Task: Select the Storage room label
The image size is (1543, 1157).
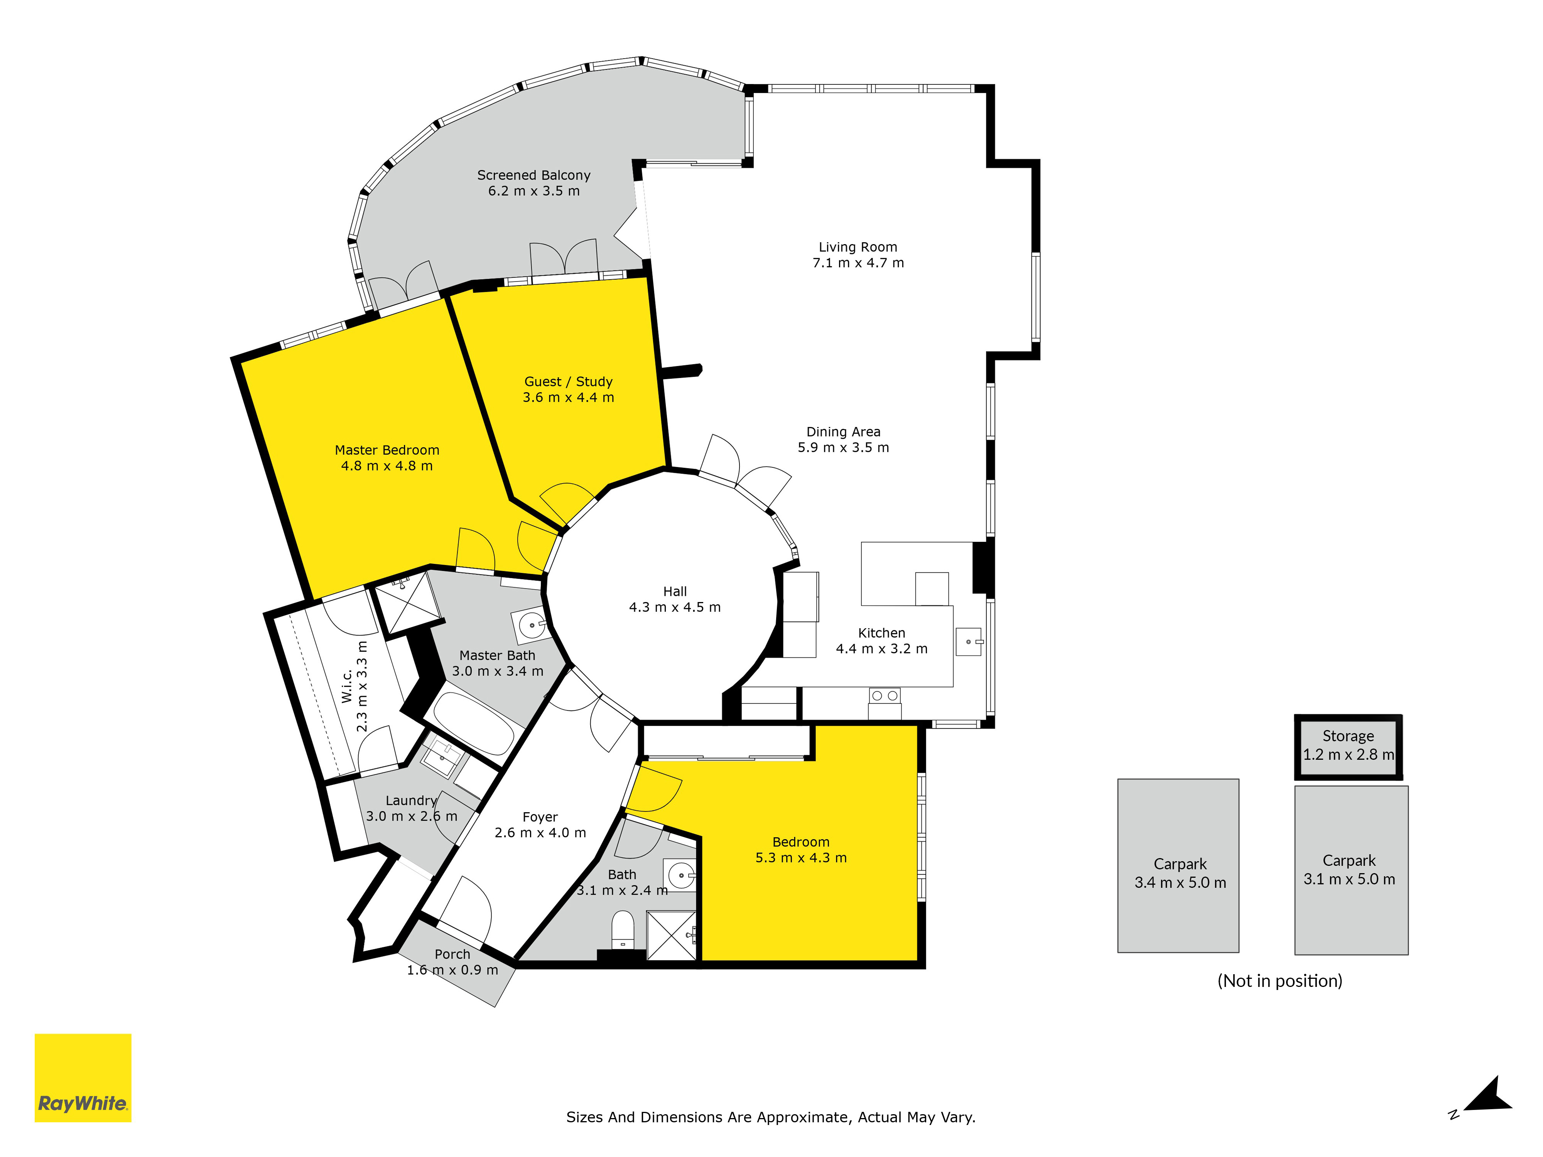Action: point(1348,736)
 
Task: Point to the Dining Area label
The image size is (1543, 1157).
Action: point(843,432)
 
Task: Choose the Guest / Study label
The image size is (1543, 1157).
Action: point(569,381)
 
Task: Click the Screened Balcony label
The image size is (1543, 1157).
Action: point(533,175)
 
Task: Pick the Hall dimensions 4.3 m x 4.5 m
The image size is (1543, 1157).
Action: point(675,607)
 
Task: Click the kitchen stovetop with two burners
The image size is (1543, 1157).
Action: point(885,695)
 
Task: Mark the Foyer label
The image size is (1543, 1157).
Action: point(540,817)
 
